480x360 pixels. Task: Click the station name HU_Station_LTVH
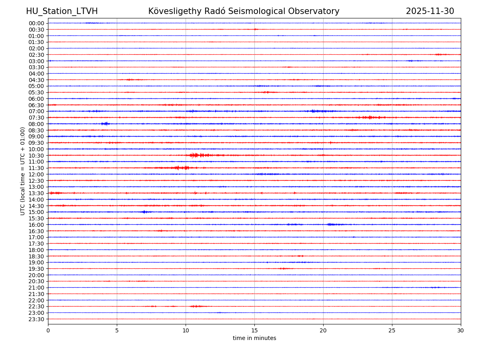point(62,12)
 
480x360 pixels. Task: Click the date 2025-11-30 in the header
point(430,12)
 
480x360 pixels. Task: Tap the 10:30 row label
point(36,156)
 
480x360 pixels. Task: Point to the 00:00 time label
point(36,23)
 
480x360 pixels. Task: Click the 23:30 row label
point(36,319)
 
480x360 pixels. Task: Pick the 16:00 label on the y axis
point(36,225)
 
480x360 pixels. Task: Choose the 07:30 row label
point(36,118)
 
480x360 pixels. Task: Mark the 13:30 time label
point(36,193)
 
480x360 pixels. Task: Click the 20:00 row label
point(36,275)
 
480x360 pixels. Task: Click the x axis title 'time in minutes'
point(254,338)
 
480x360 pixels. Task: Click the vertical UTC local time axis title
point(23,171)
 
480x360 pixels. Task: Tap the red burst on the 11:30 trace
point(182,168)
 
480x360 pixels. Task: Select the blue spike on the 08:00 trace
point(105,124)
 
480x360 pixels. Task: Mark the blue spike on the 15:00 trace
point(145,212)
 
